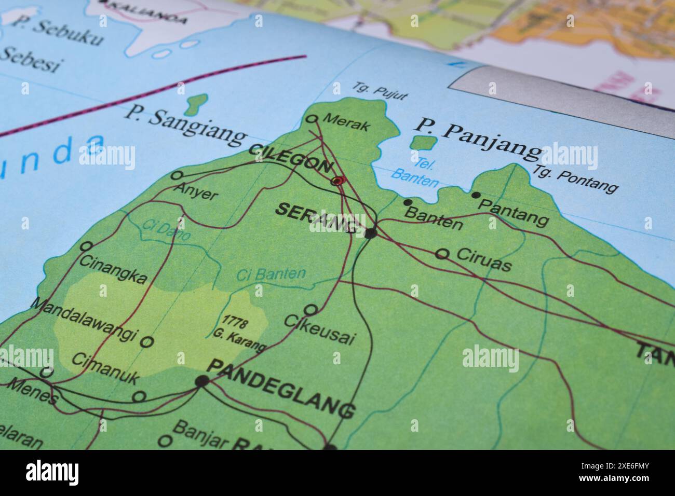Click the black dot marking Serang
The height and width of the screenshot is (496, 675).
370,233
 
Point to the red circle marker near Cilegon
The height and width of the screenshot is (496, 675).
337,181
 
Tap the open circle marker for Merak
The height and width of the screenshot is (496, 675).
312,119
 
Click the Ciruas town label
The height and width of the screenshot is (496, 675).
484,260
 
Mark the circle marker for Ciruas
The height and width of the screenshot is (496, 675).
442,254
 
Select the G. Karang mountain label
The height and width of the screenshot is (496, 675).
239,339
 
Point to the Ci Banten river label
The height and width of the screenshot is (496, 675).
271,274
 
